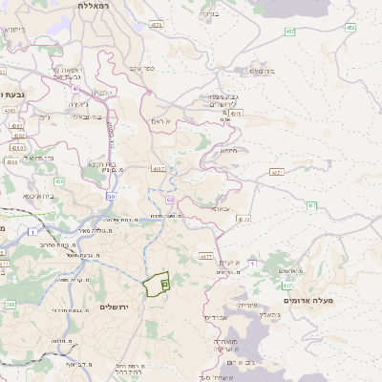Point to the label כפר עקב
click(x=142, y=68)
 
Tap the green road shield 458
click(x=350, y=28)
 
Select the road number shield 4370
click(x=244, y=220)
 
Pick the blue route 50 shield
click(x=111, y=196)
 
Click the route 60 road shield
click(x=169, y=201)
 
